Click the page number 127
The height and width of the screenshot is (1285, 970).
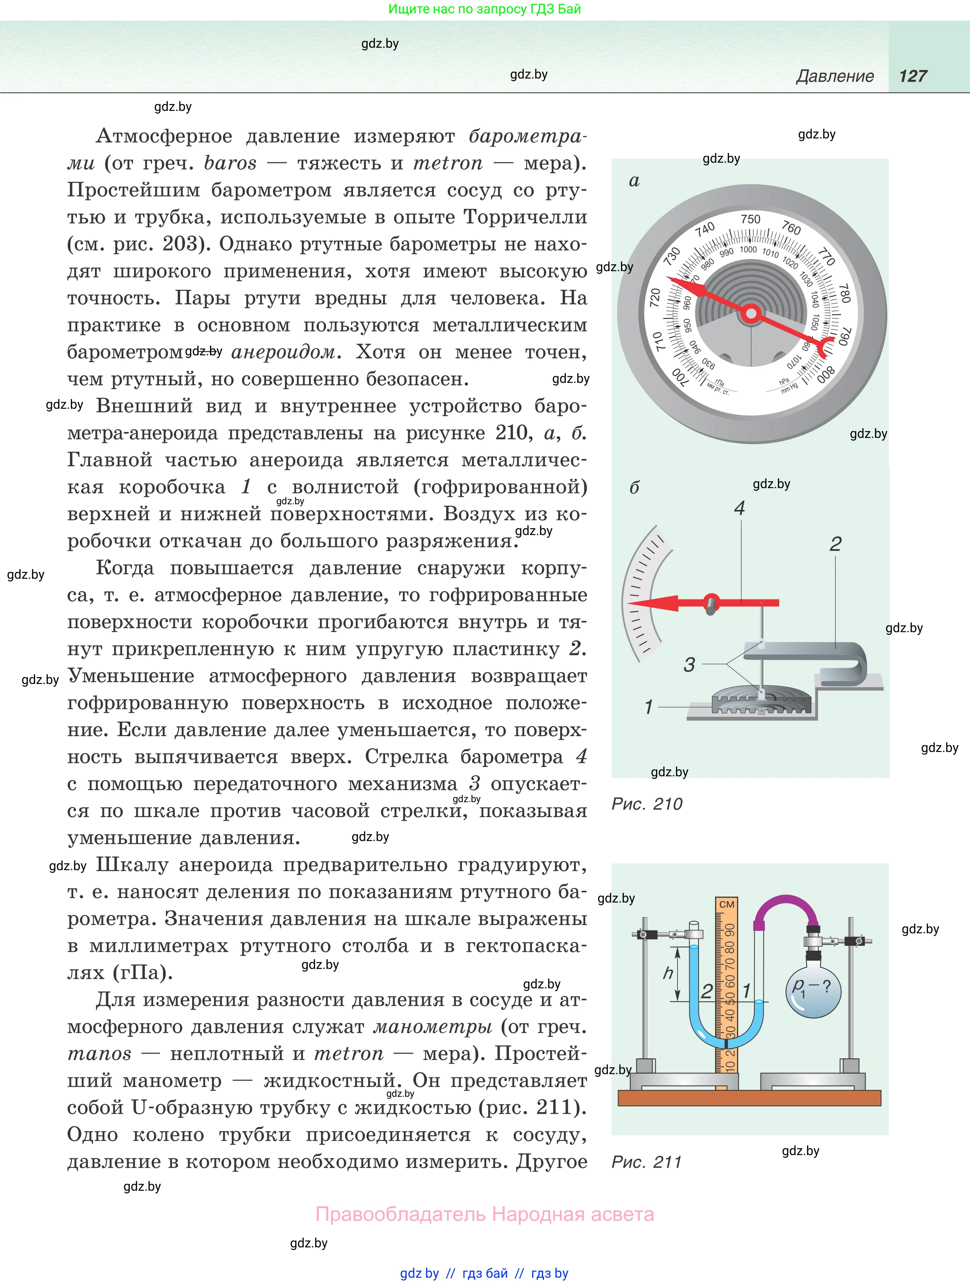point(913,76)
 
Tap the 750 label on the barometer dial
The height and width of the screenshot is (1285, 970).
point(750,219)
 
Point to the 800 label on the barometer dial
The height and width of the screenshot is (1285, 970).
point(826,374)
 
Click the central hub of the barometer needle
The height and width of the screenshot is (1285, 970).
point(751,314)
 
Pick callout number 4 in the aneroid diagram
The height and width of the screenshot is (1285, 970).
point(739,509)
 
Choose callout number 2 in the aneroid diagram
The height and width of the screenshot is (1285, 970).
point(835,544)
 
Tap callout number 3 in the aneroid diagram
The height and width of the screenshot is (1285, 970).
point(689,665)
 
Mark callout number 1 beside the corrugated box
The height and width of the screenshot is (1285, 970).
point(648,707)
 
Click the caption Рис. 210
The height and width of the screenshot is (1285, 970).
point(647,804)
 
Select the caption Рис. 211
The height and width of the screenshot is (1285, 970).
point(646,1162)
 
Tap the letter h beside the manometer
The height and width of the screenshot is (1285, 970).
point(668,973)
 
